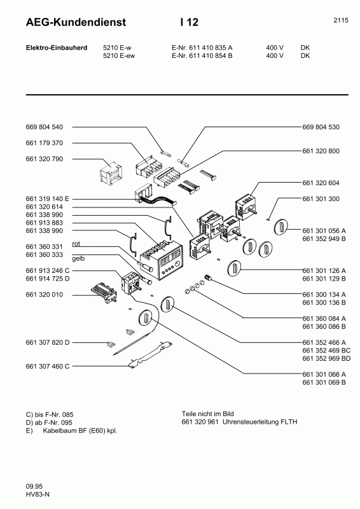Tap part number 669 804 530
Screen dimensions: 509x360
coord(321,127)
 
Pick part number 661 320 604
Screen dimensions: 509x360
coord(321,183)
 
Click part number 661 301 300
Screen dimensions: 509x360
coord(321,199)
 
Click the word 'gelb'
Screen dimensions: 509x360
coord(78,259)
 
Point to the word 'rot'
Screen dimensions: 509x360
coord(76,244)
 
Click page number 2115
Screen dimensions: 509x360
coord(340,20)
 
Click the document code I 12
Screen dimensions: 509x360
coord(190,22)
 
